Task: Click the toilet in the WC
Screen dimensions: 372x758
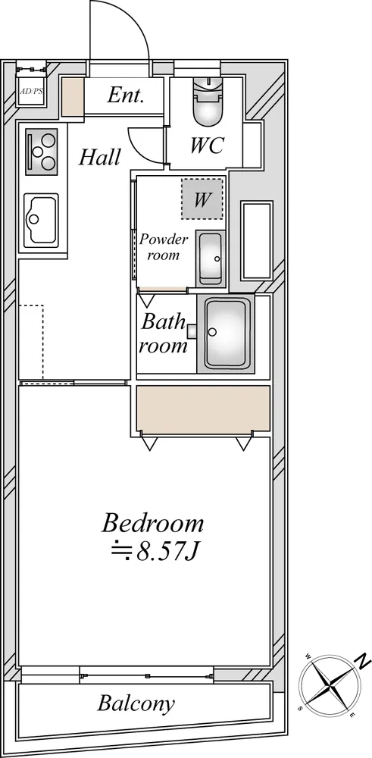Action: pos(208,102)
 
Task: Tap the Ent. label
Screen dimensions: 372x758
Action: pos(126,96)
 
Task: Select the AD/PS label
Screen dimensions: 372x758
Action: pos(31,91)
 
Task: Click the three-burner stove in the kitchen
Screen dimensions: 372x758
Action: pos(41,152)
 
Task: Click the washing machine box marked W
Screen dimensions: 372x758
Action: pos(202,199)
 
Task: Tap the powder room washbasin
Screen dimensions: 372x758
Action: pos(211,258)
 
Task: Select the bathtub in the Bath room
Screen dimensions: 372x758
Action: pos(225,334)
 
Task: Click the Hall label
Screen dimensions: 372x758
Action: pos(99,157)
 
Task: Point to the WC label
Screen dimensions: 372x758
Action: pos(208,145)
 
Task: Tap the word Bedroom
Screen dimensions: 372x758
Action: pos(152,524)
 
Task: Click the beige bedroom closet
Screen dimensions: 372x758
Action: pos(203,409)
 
